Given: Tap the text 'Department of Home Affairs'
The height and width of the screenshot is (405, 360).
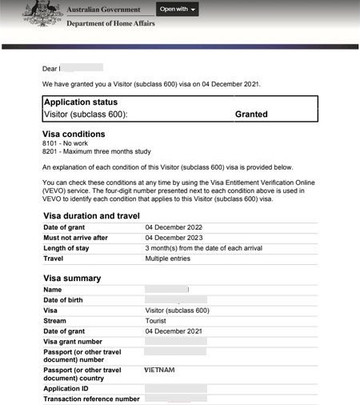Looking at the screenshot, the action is [110, 25].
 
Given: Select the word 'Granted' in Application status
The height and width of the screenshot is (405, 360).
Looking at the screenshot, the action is [251, 114].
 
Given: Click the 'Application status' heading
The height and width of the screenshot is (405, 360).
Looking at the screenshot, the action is [80, 102].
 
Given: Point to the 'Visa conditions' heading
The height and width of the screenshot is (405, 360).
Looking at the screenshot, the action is [73, 134].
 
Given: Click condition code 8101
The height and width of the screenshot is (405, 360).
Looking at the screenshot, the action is [51, 143].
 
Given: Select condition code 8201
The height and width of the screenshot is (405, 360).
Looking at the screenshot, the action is [51, 152].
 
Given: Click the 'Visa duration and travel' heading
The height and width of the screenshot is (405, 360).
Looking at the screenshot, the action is [91, 216].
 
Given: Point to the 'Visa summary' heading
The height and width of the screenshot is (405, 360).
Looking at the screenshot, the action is [72, 279].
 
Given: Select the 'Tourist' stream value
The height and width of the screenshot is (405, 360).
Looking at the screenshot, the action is [157, 320].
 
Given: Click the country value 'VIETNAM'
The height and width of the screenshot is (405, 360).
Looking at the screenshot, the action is [159, 371].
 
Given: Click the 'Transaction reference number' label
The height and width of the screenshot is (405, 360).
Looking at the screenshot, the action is [91, 399].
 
